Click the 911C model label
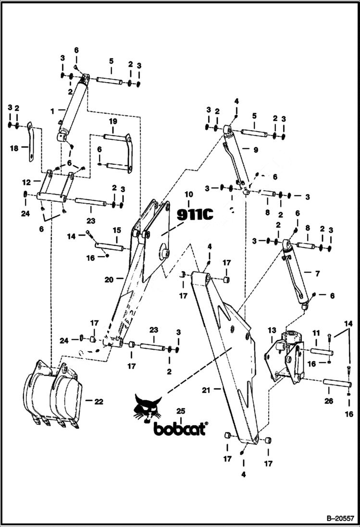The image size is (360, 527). [x=195, y=214]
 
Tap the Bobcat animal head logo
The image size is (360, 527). [x=148, y=409]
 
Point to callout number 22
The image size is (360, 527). [x=98, y=402]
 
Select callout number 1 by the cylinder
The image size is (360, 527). [x=52, y=111]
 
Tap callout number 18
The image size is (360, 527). [x=14, y=148]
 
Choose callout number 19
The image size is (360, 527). [x=112, y=122]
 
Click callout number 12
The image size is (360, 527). [x=27, y=183]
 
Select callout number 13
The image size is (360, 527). [x=272, y=330]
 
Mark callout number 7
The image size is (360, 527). [x=317, y=273]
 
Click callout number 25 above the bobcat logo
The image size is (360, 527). [x=181, y=411]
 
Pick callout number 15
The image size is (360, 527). [x=116, y=231]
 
